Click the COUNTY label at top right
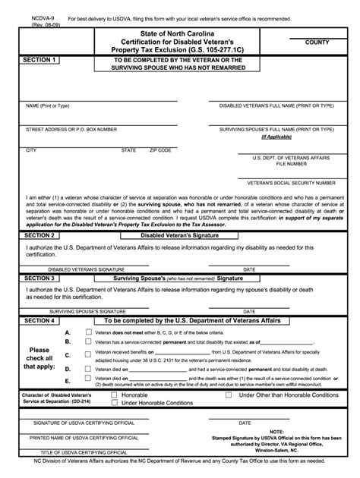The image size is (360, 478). (316, 43)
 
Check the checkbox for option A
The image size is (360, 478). (89, 332)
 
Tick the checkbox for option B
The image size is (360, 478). (89, 343)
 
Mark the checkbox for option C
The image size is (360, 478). (89, 354)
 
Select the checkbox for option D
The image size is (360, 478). (89, 369)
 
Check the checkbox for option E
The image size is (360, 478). (89, 379)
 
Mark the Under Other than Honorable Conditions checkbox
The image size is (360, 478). (230, 395)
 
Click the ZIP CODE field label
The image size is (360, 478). (160, 150)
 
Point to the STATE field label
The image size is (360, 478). (129, 150)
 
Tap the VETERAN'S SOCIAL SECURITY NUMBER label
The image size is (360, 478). (292, 183)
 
